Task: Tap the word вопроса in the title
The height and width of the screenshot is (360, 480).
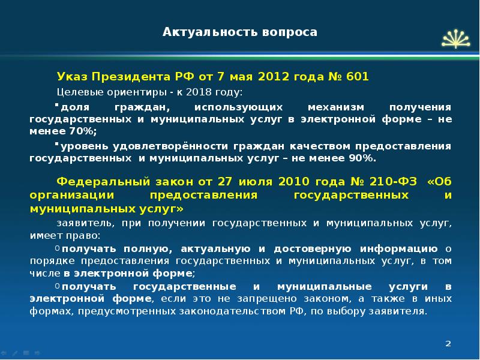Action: [x=288, y=32]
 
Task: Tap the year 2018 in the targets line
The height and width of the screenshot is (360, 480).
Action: [x=199, y=92]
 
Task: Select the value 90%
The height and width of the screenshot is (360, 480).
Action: [x=362, y=158]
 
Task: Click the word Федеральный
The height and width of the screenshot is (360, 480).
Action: [x=98, y=181]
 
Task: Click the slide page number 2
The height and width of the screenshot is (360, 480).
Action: [x=448, y=342]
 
